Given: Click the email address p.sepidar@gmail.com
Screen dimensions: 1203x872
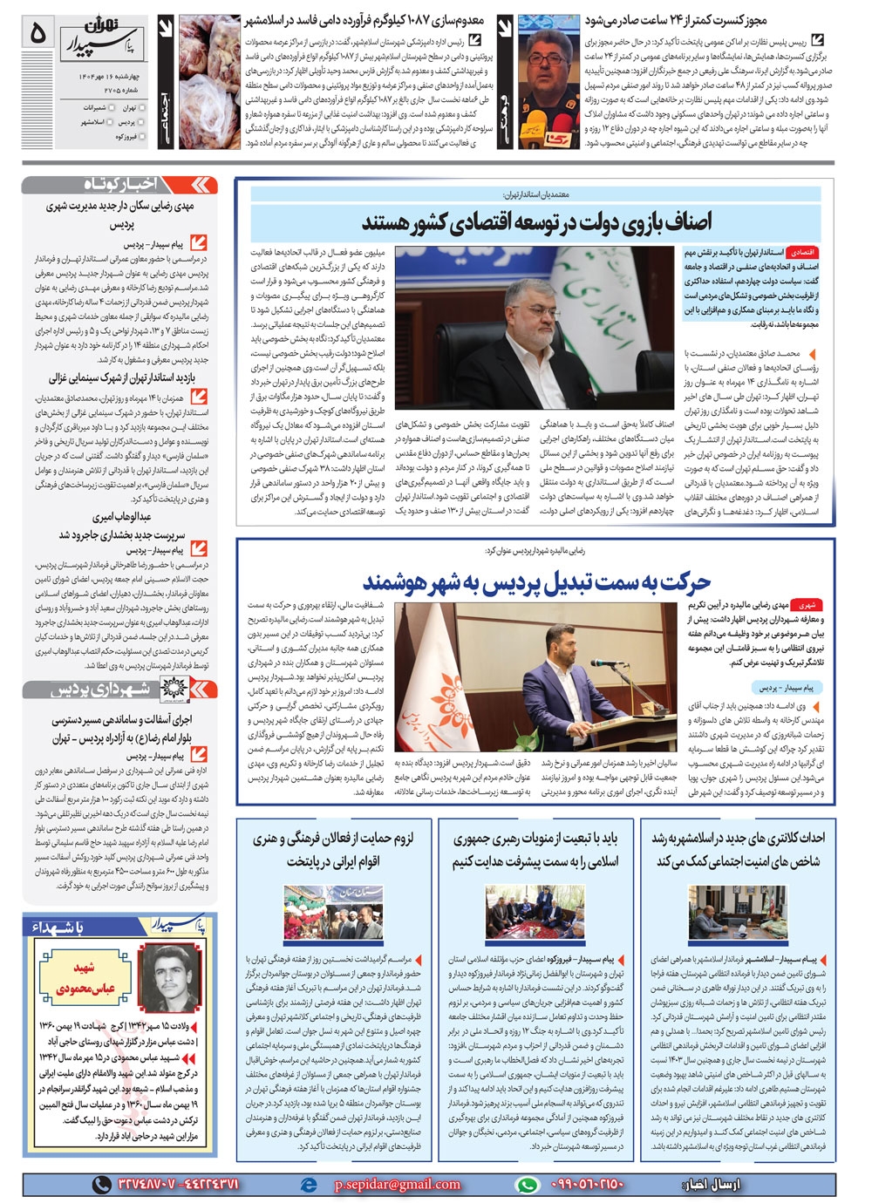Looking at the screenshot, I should pos(398,1184).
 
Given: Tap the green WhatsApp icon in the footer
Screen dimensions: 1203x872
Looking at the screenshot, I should pos(527,1185).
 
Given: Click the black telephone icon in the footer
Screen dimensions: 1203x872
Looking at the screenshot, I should pos(102,1185).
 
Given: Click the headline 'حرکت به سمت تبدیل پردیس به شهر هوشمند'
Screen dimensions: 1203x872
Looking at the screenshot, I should pos(536,581).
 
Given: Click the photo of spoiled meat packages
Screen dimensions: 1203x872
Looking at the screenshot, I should pos(209,83).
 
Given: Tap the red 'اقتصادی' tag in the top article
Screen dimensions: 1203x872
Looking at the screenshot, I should pos(800,252).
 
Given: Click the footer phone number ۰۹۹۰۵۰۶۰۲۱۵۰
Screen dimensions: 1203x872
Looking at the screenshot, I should pos(588,1185).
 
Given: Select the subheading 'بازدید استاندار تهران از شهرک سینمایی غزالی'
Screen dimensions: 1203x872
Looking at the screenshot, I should pos(121,378).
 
